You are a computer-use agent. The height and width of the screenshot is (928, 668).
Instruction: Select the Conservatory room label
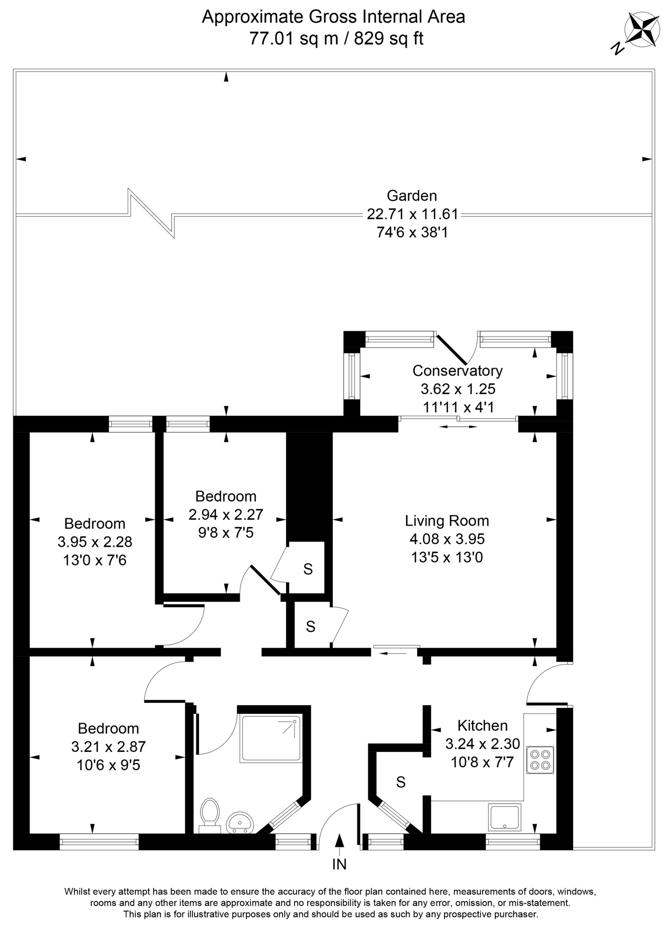pyautogui.click(x=457, y=370)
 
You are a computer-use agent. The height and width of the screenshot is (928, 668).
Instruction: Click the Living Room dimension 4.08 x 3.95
pyautogui.click(x=447, y=539)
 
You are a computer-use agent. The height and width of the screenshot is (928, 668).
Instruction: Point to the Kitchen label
pyautogui.click(x=482, y=725)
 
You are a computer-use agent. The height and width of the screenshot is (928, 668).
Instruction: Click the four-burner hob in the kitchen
pyautogui.click(x=540, y=760)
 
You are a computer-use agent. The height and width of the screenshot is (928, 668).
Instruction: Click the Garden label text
pyautogui.click(x=412, y=196)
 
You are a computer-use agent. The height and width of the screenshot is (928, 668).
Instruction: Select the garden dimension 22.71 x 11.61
pyautogui.click(x=412, y=214)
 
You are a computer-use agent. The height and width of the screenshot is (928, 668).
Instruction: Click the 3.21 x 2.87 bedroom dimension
pyautogui.click(x=109, y=747)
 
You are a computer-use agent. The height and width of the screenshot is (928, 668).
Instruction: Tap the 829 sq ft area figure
pyautogui.click(x=388, y=39)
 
